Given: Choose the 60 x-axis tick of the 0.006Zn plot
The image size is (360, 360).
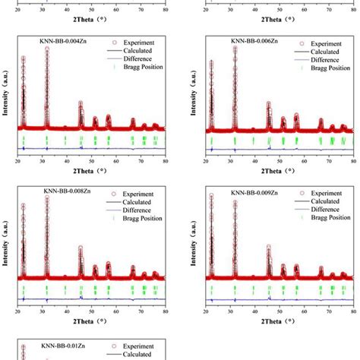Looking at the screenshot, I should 304,161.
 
